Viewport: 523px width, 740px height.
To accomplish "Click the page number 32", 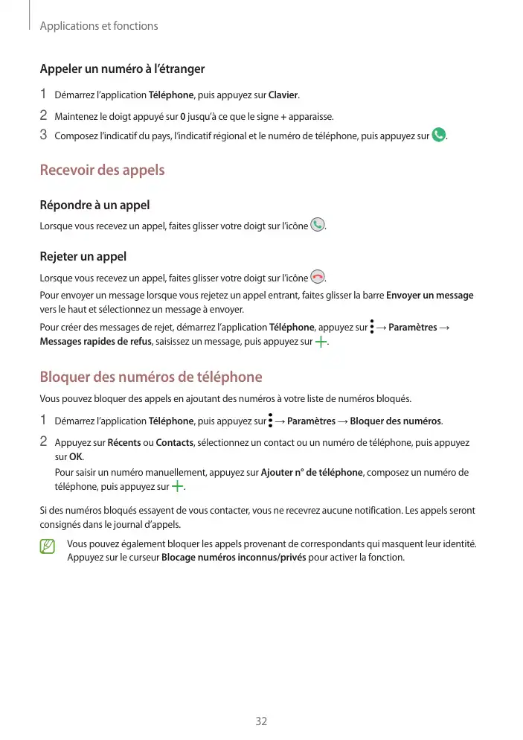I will (261, 721).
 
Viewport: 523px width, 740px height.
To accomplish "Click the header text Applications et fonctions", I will (99, 26).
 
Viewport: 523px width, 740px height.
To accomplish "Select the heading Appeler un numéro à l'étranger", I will (122, 69).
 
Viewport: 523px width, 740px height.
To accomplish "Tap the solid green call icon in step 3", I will (439, 135).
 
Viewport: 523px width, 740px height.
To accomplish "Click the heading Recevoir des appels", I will (102, 170).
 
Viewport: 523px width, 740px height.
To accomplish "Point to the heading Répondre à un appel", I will (94, 205).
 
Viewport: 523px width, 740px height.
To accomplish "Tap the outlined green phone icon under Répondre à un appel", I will (318, 225).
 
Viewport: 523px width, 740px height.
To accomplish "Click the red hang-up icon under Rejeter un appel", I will (318, 278).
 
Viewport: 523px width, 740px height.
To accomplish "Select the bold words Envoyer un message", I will (430, 296).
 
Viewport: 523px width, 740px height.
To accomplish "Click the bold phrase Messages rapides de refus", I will (95, 342).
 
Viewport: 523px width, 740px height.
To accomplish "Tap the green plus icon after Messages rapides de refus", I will (321, 342).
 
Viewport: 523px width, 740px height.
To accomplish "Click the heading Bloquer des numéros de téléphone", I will (151, 377).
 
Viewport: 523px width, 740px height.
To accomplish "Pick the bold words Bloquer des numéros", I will (396, 422).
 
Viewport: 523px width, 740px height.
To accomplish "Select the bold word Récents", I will (124, 443).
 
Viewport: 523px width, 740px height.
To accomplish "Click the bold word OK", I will (75, 457).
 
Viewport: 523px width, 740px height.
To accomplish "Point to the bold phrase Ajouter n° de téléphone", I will (312, 473).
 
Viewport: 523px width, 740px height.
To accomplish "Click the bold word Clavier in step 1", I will (283, 95).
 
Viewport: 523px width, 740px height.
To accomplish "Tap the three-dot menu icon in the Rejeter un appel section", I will (371, 327).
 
